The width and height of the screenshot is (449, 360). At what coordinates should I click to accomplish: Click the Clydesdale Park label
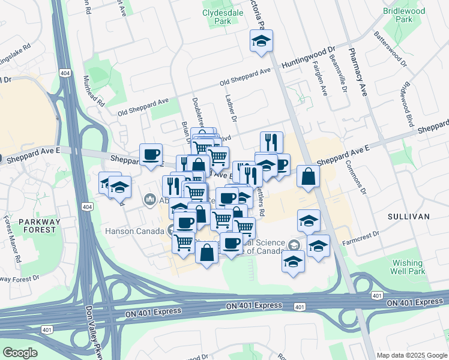tap(217, 16)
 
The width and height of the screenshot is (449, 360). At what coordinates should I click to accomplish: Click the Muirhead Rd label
tap(94, 91)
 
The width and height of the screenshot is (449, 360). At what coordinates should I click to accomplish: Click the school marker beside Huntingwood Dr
tap(261, 41)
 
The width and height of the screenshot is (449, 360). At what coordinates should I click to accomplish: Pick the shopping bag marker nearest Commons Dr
tap(308, 176)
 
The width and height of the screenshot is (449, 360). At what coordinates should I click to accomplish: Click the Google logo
tap(20, 352)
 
